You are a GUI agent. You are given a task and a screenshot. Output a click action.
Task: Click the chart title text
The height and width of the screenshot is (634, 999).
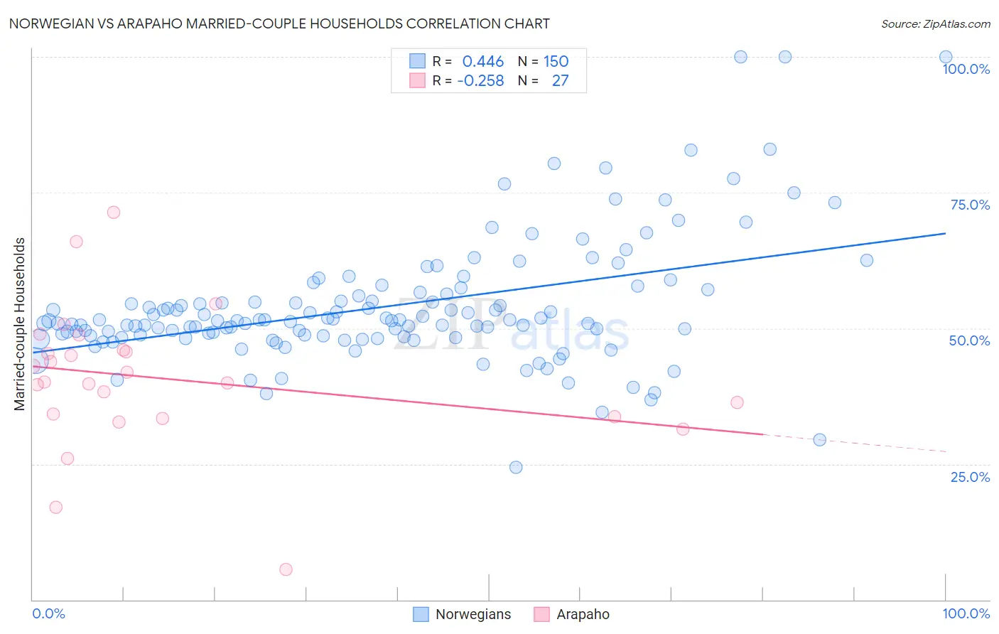click(279, 23)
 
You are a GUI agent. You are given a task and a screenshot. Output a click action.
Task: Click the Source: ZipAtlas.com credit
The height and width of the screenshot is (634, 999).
click(935, 23)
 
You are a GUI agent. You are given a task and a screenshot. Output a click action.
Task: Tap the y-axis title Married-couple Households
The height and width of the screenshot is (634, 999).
click(20, 323)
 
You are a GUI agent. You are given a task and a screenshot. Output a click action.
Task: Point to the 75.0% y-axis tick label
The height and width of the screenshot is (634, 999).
click(970, 205)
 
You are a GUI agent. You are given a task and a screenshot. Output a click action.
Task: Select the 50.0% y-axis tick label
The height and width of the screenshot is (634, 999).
click(969, 340)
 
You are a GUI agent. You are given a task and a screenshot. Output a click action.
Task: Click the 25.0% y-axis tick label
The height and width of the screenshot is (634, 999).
click(970, 476)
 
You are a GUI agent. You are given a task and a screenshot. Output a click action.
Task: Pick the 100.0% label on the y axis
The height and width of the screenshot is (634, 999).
click(966, 69)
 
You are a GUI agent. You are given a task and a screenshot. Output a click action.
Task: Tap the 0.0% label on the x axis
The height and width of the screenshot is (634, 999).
click(48, 613)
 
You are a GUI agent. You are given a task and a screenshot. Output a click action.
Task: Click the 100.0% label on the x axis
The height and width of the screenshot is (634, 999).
click(966, 613)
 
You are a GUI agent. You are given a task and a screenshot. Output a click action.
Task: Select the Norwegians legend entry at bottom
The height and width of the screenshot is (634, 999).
click(462, 614)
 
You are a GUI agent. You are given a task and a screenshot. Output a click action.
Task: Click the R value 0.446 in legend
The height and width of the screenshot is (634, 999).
click(482, 61)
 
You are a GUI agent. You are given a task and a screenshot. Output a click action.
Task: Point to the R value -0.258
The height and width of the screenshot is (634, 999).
click(480, 80)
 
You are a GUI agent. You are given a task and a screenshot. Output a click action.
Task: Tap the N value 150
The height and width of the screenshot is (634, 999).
click(556, 61)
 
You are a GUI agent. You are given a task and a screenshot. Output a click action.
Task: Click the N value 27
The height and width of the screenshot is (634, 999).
click(560, 80)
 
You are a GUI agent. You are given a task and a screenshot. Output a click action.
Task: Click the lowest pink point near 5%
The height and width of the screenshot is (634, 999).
click(286, 569)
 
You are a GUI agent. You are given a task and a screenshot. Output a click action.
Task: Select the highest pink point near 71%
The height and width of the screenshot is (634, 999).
click(114, 212)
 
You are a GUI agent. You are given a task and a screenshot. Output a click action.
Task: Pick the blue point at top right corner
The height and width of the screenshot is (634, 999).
click(946, 57)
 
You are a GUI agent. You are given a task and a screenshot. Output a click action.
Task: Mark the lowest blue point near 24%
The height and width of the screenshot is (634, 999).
click(516, 467)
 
